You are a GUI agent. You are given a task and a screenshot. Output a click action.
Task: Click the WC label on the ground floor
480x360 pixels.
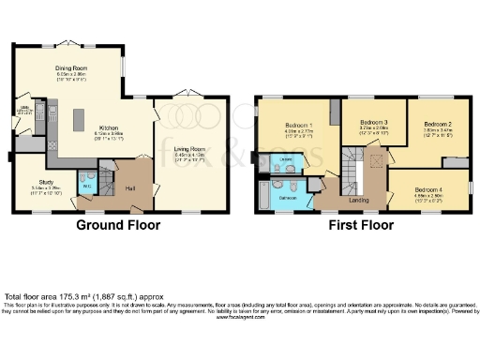pyautogui.click(x=86, y=186)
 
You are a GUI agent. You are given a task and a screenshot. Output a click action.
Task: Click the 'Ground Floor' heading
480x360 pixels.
pyautogui.click(x=118, y=225)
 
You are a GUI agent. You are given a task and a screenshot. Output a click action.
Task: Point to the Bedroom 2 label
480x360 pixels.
pyautogui.click(x=438, y=125)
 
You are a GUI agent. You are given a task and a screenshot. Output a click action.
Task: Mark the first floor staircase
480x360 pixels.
pyautogui.click(x=349, y=173)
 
